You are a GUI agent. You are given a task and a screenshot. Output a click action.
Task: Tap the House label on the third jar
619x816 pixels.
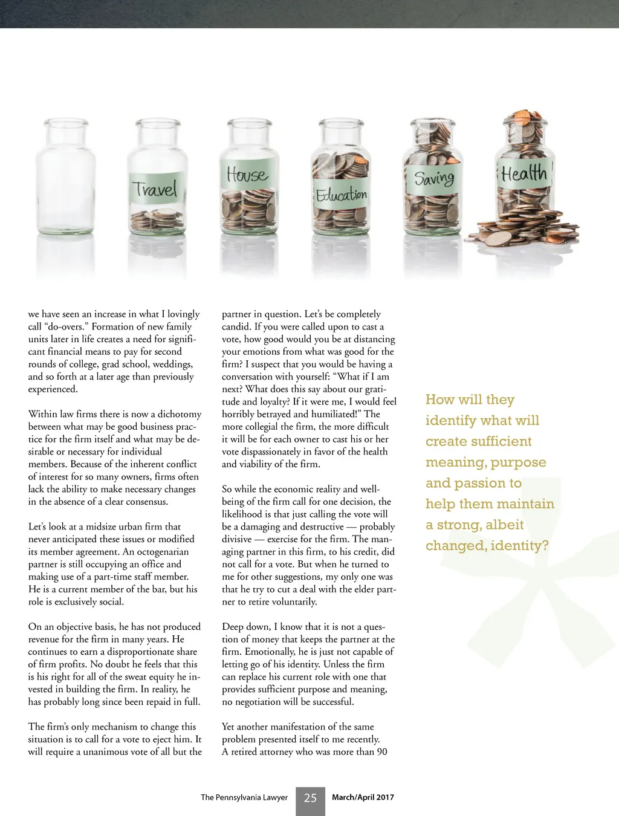point(247,175)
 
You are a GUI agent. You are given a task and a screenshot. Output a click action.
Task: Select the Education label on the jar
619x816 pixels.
point(342,195)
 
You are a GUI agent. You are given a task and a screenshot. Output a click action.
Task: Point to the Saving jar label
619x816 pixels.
point(434,178)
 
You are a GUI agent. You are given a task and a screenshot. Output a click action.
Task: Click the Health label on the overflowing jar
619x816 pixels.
point(523,173)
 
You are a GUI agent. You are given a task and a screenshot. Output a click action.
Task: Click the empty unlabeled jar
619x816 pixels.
point(65,181)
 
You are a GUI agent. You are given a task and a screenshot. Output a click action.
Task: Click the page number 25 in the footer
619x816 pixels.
point(310,798)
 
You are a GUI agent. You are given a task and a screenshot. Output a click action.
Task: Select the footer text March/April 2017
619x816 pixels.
point(363,797)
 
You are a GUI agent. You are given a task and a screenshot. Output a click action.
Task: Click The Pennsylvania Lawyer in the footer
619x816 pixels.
point(244,797)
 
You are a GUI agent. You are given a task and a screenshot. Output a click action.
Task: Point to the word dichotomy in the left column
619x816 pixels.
point(179,414)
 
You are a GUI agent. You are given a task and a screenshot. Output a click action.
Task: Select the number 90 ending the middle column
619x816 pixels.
point(381,752)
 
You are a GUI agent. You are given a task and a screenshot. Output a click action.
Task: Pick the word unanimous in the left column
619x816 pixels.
point(106,752)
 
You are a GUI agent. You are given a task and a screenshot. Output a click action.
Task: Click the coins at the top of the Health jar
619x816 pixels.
point(525,119)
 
